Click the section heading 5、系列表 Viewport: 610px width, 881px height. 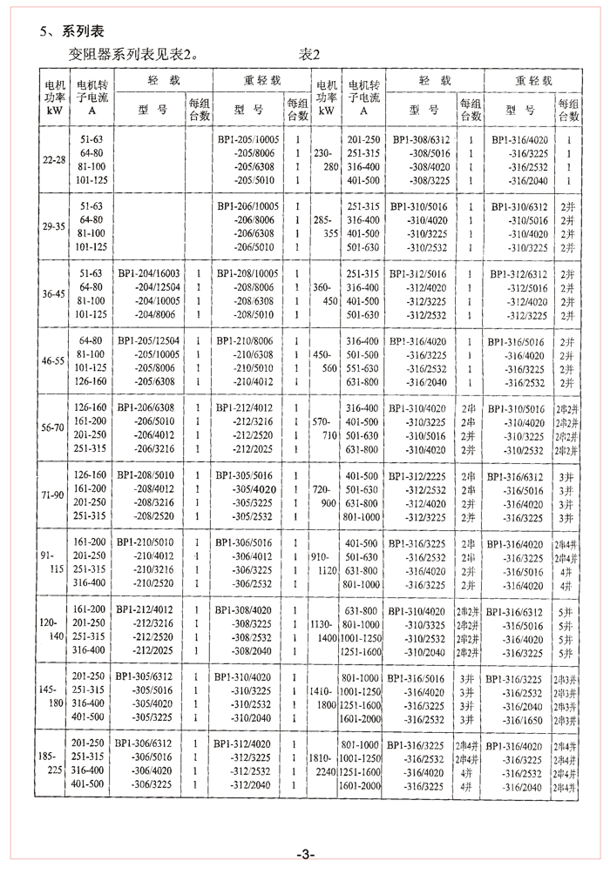point(71,31)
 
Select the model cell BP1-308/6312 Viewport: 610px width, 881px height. point(421,139)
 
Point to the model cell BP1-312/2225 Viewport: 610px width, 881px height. point(421,476)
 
